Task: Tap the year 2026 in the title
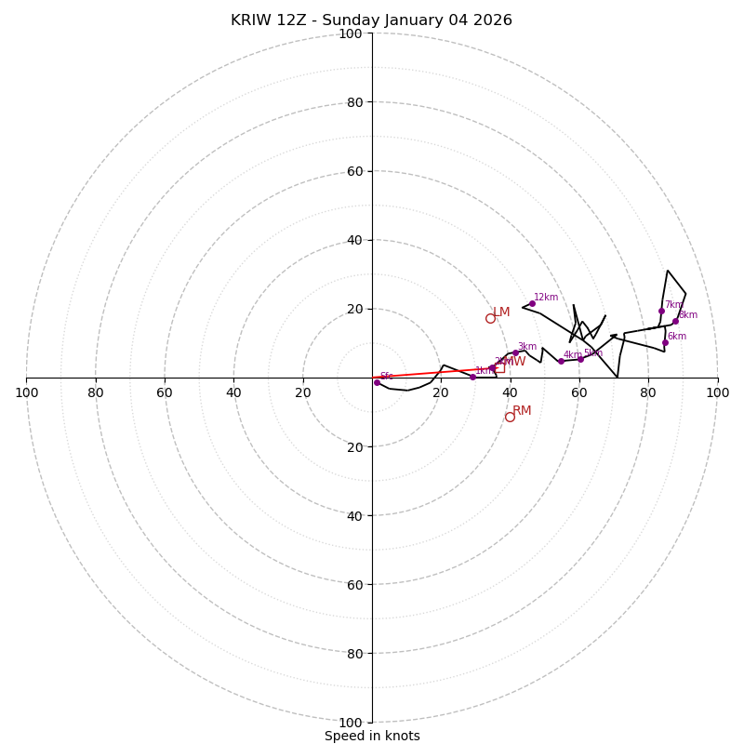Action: [x=492, y=20]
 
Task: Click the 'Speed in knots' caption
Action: [x=372, y=736]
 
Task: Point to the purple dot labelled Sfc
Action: [x=377, y=382]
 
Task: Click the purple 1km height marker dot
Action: [x=472, y=377]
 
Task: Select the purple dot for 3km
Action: [x=515, y=353]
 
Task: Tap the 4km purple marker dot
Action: [x=561, y=361]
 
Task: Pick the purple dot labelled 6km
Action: [x=665, y=342]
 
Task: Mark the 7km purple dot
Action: [x=661, y=311]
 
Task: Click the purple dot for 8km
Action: [x=675, y=321]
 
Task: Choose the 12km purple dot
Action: [x=532, y=303]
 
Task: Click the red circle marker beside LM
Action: [x=490, y=318]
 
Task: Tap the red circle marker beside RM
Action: [x=510, y=417]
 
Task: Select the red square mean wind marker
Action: [x=499, y=367]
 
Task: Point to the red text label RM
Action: [x=522, y=411]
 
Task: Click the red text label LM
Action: [x=501, y=312]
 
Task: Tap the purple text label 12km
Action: [x=546, y=298]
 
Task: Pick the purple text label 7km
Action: [x=673, y=305]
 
